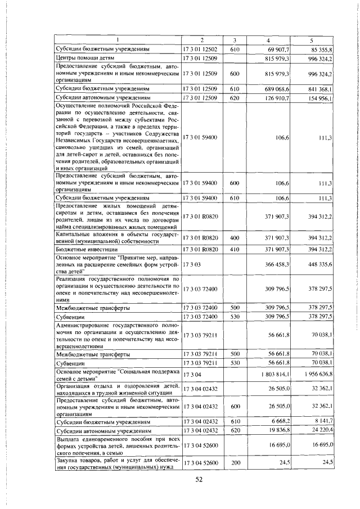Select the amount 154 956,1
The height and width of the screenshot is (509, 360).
pyautogui.click(x=320, y=98)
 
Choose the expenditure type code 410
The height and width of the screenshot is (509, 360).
pyautogui.click(x=235, y=249)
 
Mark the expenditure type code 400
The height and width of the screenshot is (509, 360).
pyautogui.click(x=235, y=238)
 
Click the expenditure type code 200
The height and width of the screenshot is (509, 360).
pyautogui.click(x=235, y=462)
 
